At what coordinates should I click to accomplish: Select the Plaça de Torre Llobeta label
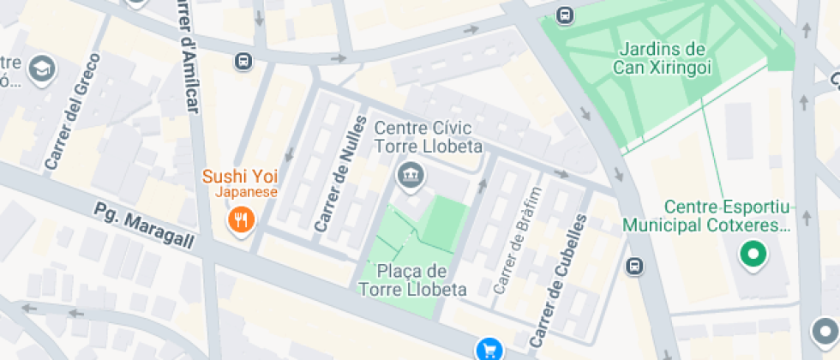412,280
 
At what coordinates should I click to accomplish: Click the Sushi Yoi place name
240,177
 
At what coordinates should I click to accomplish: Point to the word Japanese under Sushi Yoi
246,192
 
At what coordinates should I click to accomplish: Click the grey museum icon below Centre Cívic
411,175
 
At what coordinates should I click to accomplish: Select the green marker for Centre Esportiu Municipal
753,255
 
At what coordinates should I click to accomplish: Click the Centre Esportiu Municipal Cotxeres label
731,217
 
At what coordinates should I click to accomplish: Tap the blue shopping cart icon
489,349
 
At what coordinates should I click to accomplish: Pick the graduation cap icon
40,69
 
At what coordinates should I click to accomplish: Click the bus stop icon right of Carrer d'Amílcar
243,61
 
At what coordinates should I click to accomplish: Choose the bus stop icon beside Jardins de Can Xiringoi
565,15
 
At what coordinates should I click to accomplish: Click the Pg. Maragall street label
145,226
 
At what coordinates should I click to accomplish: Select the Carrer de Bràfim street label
519,239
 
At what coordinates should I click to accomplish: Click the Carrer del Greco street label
75,111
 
